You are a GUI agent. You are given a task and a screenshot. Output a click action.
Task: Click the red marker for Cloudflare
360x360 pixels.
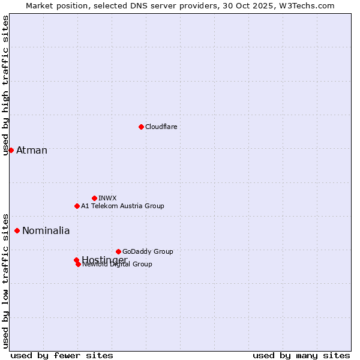141,127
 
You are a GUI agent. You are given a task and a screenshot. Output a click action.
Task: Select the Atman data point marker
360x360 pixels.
11,150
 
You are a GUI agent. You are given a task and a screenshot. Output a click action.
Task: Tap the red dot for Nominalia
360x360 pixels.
17,230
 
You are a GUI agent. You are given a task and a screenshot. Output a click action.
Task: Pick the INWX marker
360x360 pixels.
94,198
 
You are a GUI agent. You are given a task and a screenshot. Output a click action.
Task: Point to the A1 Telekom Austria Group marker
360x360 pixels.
77,206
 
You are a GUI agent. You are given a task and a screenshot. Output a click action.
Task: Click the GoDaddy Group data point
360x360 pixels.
118,251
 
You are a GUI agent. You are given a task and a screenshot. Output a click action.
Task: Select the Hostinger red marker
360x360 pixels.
76,260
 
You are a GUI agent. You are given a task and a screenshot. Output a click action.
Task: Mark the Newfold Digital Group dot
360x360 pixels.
79,264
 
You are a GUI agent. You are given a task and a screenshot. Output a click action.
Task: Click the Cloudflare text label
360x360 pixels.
161,127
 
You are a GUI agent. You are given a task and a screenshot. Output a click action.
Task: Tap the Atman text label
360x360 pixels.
32,150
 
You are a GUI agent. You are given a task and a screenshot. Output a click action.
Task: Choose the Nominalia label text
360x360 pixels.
46,230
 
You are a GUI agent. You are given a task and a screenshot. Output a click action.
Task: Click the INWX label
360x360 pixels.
107,198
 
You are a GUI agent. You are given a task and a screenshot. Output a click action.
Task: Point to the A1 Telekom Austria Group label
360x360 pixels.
122,206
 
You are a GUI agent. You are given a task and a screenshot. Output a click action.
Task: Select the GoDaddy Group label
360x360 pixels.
148,251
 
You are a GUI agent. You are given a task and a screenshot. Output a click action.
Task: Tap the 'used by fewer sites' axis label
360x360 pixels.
62,356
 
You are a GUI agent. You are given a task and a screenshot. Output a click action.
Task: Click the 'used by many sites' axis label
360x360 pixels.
301,356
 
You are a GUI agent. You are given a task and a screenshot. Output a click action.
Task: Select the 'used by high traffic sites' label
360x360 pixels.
6,86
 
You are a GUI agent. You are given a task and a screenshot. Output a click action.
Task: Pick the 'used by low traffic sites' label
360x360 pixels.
6,281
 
